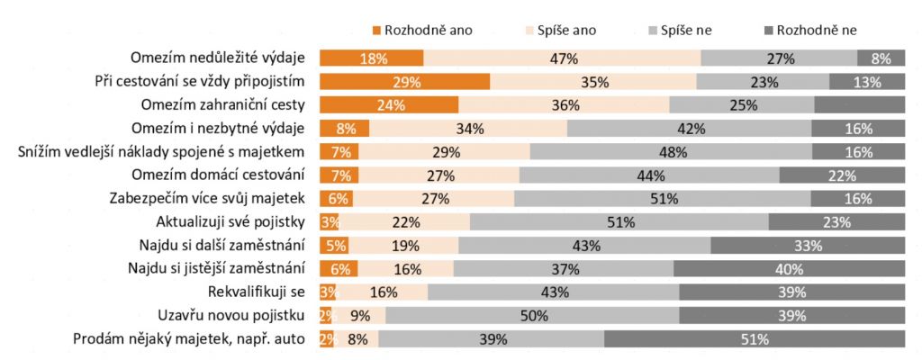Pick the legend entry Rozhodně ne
click(x=815, y=30)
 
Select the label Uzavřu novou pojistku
click(x=237, y=315)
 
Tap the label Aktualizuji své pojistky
click(x=231, y=221)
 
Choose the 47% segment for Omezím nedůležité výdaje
click(x=562, y=58)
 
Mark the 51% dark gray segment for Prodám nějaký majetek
click(x=754, y=339)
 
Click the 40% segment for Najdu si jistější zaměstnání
click(x=789, y=268)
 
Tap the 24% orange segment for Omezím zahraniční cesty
click(x=389, y=104)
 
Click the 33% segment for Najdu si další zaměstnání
click(x=808, y=245)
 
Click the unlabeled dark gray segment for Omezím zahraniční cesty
click(x=859, y=104)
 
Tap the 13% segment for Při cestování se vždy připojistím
click(x=866, y=82)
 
